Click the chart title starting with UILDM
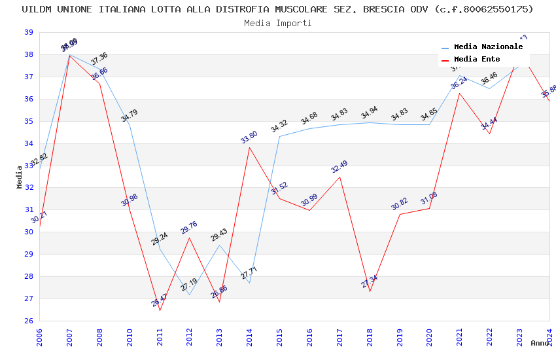pos(277,9)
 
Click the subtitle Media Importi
pos(277,23)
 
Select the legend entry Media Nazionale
pos(488,47)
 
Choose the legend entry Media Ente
pos(477,60)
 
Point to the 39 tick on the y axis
pos(29,32)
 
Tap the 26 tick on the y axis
pos(29,321)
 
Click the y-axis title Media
pos(20,177)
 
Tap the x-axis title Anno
pos(540,343)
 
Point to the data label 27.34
pos(370,281)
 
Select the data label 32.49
pos(339,166)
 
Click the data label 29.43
pos(219,235)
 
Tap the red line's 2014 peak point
pos(249,147)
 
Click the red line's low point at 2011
pos(160,310)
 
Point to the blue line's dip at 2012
pos(189,295)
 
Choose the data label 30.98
pos(130,200)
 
